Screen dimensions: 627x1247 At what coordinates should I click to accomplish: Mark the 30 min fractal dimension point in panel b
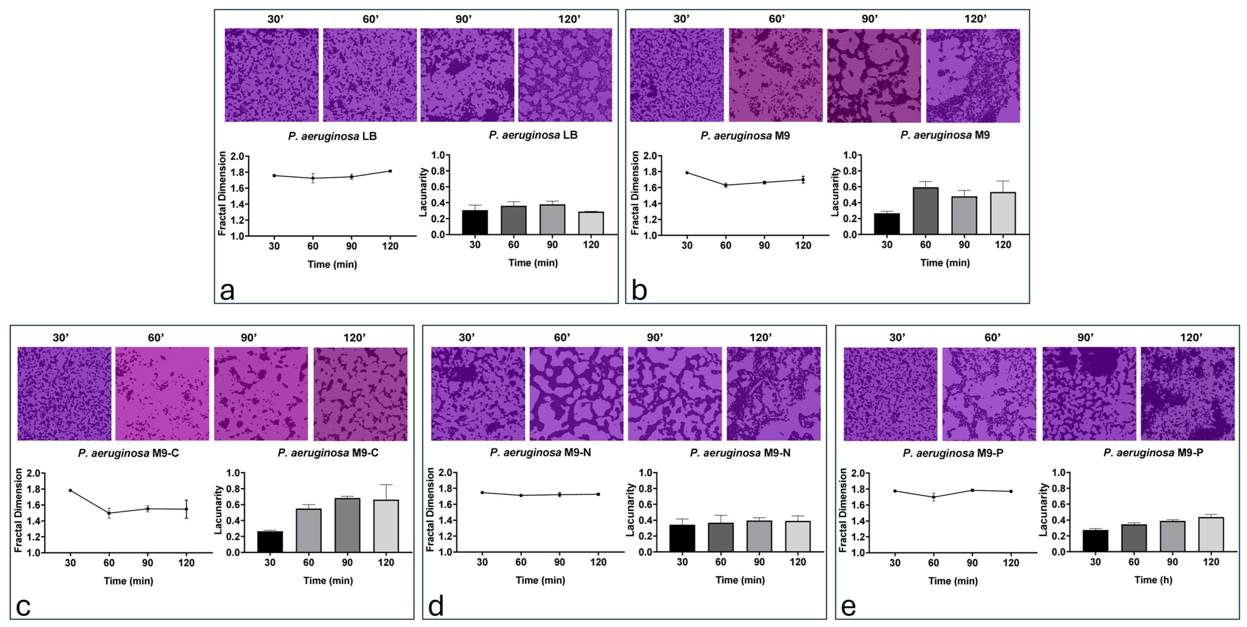(x=687, y=173)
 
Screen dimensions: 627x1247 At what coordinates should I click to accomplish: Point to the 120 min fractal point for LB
(x=390, y=171)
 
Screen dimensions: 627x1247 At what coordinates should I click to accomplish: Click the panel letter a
(x=227, y=291)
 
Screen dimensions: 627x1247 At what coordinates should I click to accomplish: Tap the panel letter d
(x=436, y=607)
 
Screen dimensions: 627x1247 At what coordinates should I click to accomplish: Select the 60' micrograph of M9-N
(x=576, y=393)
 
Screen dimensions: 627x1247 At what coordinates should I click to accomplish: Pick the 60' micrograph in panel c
(x=162, y=393)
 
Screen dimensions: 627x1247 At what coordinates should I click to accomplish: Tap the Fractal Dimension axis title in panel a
(x=222, y=193)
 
